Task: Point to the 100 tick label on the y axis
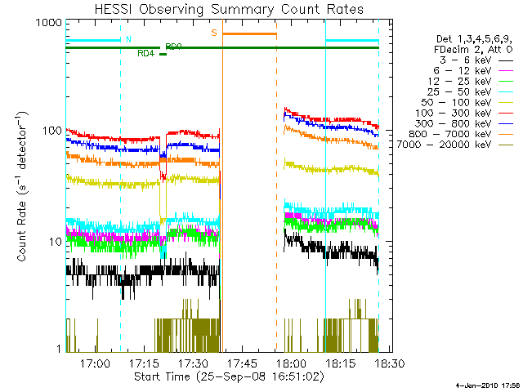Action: [51, 131]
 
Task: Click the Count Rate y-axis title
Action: [23, 187]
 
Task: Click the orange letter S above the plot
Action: [214, 33]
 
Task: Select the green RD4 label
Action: [145, 53]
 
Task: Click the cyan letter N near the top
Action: [127, 39]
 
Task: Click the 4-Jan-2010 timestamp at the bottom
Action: [487, 385]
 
